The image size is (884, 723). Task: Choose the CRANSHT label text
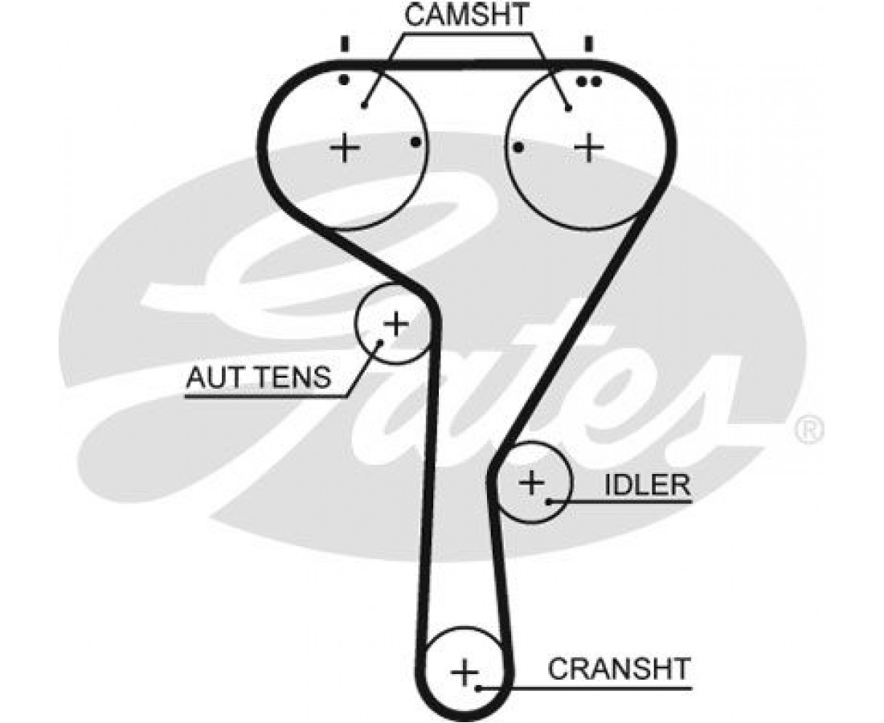619,668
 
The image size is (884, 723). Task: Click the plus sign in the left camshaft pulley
345,147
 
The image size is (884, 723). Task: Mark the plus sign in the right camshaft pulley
590,147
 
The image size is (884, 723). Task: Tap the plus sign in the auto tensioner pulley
395,324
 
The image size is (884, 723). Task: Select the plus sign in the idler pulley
531,483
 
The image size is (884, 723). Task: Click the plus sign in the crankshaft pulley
465,671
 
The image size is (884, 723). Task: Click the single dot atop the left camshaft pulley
343,80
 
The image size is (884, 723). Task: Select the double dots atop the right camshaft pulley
589,80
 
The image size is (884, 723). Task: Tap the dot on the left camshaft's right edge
415,143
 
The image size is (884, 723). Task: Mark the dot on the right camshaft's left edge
518,147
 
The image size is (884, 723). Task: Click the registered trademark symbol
808,430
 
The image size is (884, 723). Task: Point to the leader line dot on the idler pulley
549,502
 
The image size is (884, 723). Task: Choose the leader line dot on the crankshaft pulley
479,688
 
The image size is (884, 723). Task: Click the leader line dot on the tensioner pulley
381,342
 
